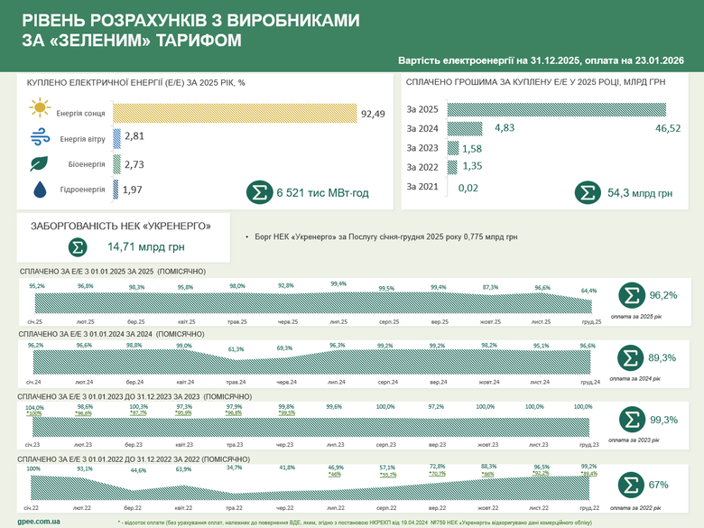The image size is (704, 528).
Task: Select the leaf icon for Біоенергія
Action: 39,164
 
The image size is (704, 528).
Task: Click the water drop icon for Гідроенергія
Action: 39,190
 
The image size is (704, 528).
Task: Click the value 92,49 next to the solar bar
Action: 373,113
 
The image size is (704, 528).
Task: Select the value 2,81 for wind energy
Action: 134,137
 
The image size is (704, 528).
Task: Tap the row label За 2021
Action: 422,186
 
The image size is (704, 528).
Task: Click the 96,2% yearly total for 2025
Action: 663,295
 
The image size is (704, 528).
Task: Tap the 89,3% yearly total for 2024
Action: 663,357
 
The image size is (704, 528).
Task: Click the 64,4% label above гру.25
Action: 588,290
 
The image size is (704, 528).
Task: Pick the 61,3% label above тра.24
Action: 236,348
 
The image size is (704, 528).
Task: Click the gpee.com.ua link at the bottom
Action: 39,521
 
